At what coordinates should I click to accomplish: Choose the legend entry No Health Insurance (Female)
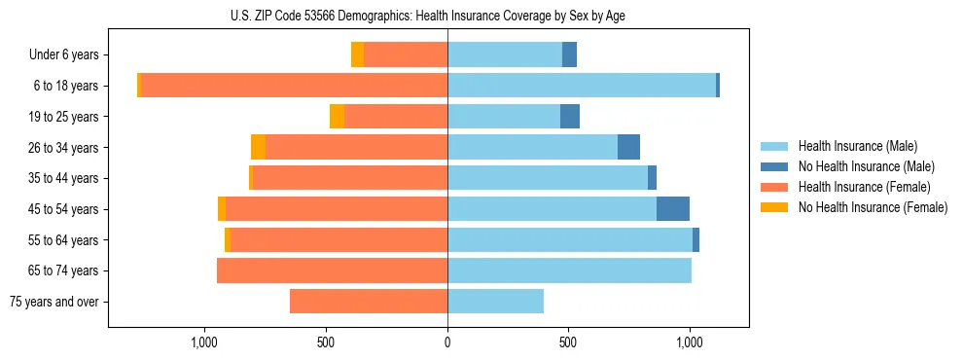873,207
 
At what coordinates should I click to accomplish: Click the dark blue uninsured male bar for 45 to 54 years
673,209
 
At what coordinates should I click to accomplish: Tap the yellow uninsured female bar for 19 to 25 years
337,117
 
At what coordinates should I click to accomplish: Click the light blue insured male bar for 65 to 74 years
569,270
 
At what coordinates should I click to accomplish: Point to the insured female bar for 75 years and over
369,302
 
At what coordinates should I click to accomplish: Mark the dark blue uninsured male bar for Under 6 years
569,55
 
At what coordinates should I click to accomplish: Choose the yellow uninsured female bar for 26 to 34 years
258,148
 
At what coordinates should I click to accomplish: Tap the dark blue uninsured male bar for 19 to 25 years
570,117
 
